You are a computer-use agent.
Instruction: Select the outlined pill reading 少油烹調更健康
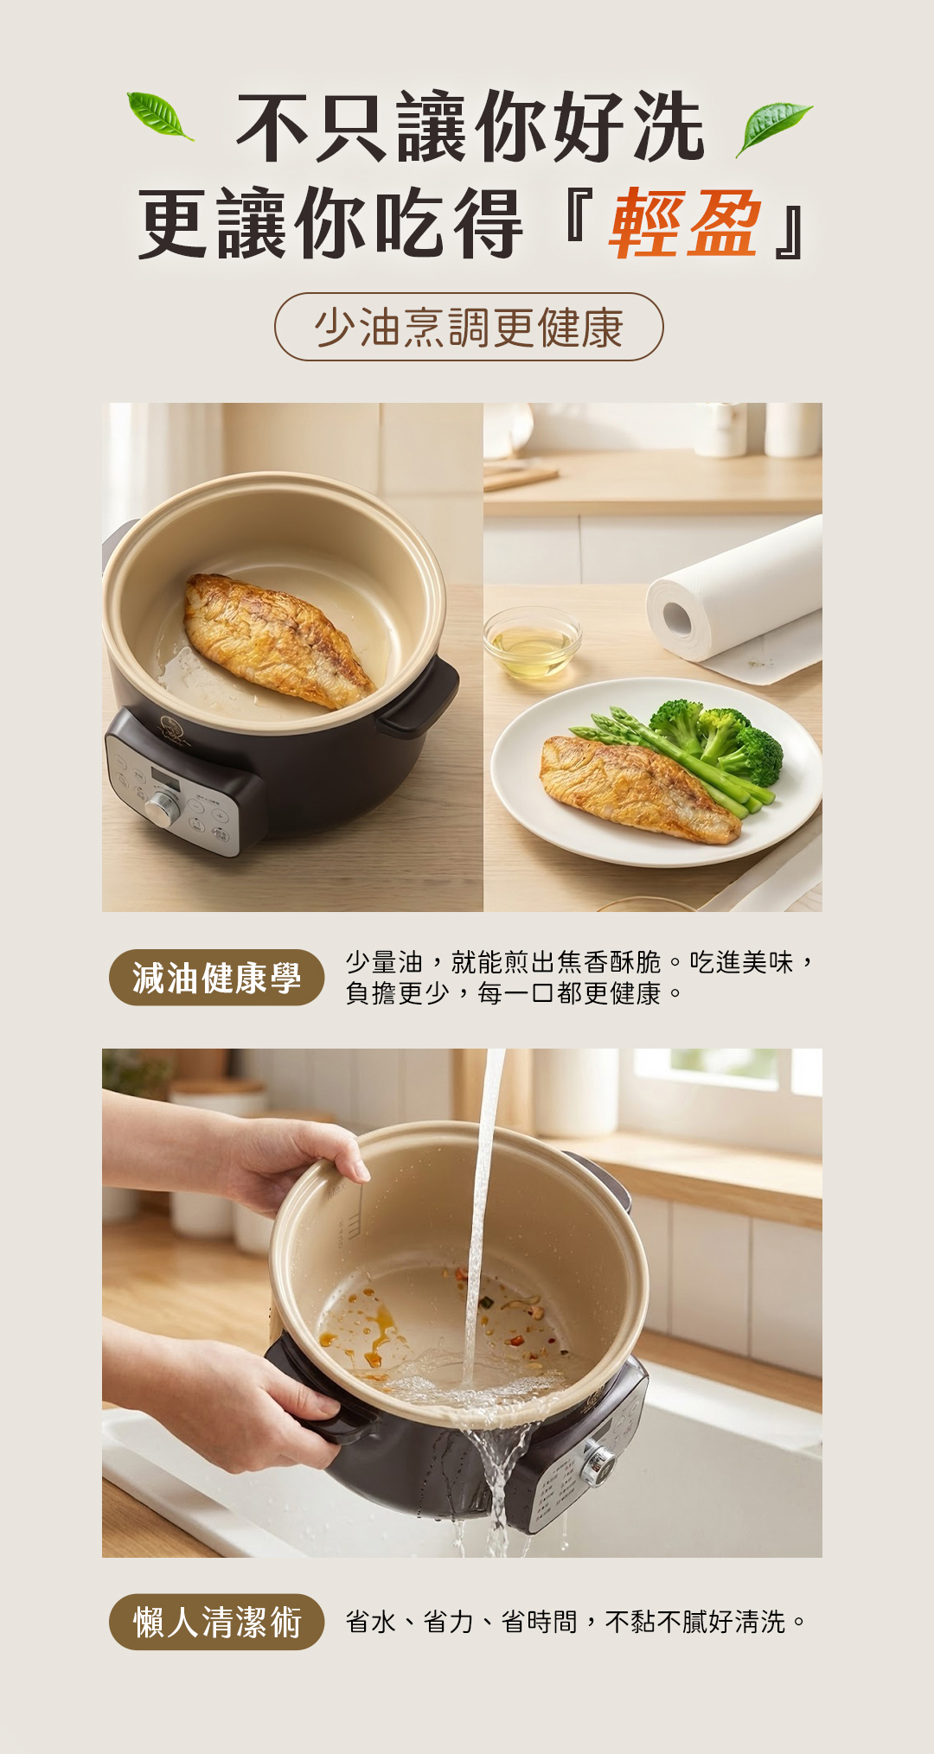[x=469, y=327]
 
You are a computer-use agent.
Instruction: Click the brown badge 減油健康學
[x=216, y=978]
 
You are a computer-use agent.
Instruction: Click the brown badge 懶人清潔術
[x=216, y=1622]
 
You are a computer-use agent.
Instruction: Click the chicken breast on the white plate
[x=636, y=787]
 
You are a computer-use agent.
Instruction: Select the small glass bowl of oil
[x=531, y=641]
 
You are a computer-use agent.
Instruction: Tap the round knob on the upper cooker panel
[x=162, y=808]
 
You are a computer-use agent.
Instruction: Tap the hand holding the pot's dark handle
[x=259, y=1400]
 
